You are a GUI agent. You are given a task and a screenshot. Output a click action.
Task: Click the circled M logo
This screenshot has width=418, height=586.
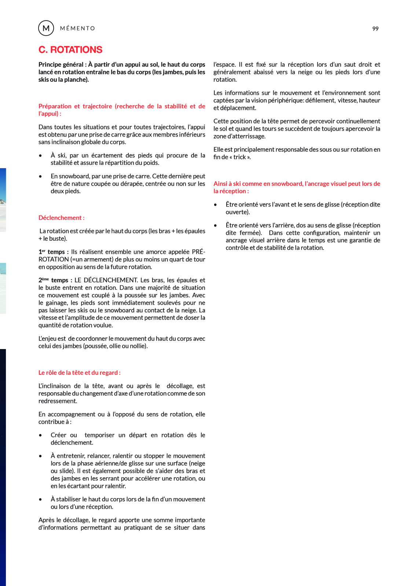click(46, 28)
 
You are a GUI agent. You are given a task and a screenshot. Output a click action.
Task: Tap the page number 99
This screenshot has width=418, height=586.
click(375, 29)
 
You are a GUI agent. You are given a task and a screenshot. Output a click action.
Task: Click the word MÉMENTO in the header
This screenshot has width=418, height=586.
click(77, 28)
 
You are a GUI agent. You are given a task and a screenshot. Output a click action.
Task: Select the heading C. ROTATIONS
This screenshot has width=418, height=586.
click(70, 49)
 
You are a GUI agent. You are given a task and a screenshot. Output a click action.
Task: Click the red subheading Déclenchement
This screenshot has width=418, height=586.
click(61, 218)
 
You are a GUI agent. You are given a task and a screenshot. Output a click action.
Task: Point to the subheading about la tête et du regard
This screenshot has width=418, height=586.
click(79, 372)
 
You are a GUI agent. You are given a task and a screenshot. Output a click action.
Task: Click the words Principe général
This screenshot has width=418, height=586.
click(61, 64)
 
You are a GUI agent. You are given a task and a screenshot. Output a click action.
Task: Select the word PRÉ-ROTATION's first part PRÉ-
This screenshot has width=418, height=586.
click(198, 252)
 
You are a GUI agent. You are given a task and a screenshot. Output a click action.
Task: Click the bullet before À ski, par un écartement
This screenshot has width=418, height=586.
click(40, 156)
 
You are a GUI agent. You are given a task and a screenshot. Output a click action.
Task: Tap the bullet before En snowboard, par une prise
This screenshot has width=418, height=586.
click(40, 177)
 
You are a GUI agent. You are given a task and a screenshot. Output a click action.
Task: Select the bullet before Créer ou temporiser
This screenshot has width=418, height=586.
click(40, 435)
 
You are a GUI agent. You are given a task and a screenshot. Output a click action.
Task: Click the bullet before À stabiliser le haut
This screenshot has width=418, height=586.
click(40, 500)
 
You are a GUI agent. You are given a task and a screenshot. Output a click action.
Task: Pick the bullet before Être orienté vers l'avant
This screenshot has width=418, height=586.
click(215, 205)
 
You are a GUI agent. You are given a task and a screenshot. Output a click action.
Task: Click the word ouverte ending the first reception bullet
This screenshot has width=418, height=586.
click(237, 212)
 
